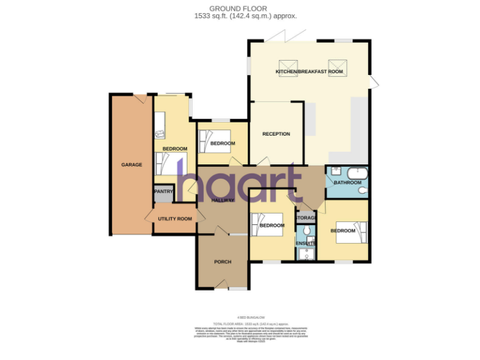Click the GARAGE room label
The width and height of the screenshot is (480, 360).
(x=131, y=165)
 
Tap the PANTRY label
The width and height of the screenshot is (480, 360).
(x=164, y=192)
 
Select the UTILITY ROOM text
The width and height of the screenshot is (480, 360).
(x=174, y=219)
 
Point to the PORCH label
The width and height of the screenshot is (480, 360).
(x=223, y=261)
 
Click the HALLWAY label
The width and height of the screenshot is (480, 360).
(x=222, y=200)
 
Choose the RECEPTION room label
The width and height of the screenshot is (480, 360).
(x=276, y=134)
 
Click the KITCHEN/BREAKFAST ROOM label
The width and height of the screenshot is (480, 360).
(x=310, y=72)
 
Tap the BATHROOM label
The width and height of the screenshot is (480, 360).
(x=347, y=182)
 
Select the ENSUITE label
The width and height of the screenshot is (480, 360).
(x=306, y=242)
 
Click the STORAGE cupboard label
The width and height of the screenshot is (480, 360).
(x=306, y=217)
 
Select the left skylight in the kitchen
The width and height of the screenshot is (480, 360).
(x=288, y=65)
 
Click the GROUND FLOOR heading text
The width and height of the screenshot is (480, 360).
(x=235, y=9)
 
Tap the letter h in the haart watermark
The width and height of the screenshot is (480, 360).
(x=187, y=182)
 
